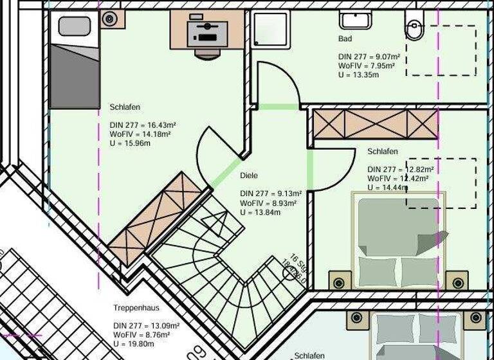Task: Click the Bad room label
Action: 345,39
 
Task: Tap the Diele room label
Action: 249,175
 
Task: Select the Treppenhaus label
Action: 136,308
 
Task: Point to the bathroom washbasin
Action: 356,19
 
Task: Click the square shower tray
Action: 271,30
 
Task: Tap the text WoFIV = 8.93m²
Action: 268,203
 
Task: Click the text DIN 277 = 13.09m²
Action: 142,325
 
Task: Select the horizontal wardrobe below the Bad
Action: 375,123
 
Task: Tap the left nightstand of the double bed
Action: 338,282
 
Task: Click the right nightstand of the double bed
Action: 457,282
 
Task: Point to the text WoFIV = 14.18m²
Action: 140,134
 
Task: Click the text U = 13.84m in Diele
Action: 260,212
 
